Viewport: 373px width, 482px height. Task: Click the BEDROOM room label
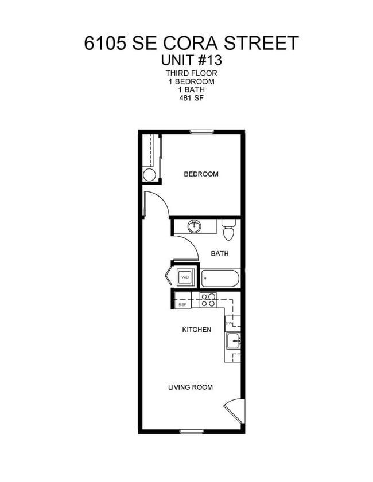coord(201,174)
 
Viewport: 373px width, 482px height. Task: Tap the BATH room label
coord(220,253)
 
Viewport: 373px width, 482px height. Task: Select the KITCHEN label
coord(196,330)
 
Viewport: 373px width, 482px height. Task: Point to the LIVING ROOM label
coord(190,387)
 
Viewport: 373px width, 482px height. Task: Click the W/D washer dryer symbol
coord(185,277)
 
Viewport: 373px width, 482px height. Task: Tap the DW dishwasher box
coord(230,323)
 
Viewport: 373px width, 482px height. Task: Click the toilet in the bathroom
coord(228,230)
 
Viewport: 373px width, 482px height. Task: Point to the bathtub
coord(220,279)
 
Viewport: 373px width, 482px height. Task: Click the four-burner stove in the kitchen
coord(208,300)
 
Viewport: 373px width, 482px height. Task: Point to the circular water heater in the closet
coord(149,175)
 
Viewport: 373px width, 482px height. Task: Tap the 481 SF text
coord(192,98)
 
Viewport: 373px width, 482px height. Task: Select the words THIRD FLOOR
coord(192,73)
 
